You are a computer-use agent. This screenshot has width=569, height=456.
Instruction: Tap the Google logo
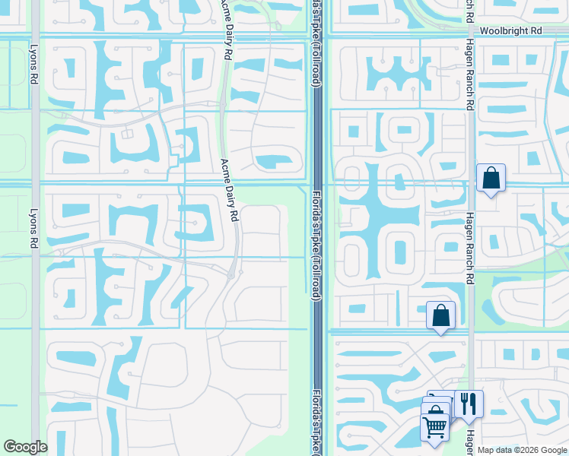[x=26, y=448]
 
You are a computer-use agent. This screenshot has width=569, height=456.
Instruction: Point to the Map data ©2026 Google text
[x=523, y=450]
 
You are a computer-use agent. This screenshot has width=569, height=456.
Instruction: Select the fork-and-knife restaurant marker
[x=468, y=404]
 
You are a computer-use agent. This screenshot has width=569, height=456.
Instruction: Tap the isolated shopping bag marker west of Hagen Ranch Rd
[x=440, y=315]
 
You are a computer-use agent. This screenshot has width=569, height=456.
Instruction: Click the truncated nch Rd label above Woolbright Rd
[x=469, y=11]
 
